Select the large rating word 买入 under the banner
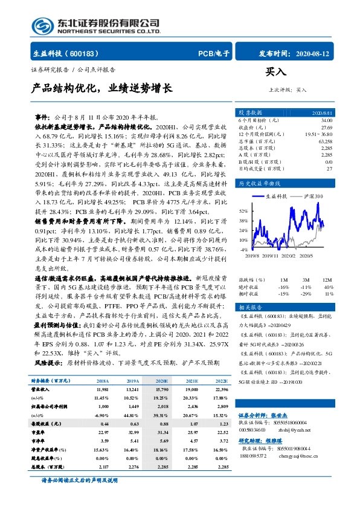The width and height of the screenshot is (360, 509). pyautogui.click(x=275, y=72)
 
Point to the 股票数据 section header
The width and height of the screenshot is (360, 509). pyautogui.click(x=250, y=112)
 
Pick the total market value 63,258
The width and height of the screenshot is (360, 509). pyautogui.click(x=324, y=141)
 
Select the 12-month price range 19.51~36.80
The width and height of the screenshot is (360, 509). pyautogui.click(x=319, y=134)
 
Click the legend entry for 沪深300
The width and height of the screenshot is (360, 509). pyautogui.click(x=312, y=196)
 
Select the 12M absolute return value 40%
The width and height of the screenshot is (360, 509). pyautogui.click(x=329, y=287)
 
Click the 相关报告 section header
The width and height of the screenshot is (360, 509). pyautogui.click(x=250, y=307)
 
